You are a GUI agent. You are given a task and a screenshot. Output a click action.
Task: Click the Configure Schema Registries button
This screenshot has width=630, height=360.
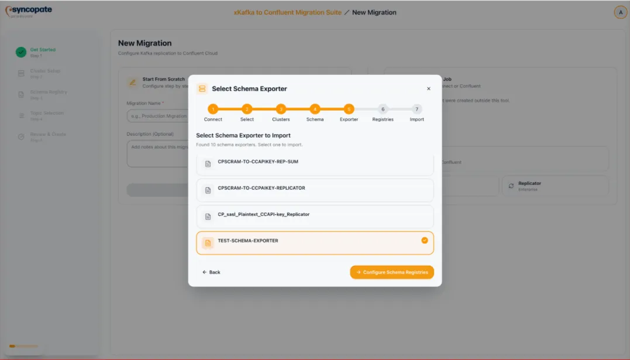tap(392, 272)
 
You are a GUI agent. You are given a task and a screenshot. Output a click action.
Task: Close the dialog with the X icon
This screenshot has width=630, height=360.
tap(428, 89)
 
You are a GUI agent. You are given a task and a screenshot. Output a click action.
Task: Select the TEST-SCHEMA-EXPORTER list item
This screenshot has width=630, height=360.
tap(315, 242)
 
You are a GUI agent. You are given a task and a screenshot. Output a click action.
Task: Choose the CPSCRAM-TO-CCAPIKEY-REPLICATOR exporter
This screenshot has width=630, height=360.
tap(315, 190)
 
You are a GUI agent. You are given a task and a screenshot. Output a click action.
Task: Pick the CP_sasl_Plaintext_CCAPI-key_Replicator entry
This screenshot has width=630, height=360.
tap(315, 216)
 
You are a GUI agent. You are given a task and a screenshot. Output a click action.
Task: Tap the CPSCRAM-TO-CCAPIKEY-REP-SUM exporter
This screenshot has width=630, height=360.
tap(315, 163)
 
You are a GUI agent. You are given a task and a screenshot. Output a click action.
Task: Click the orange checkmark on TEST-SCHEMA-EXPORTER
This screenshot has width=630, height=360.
tap(425, 240)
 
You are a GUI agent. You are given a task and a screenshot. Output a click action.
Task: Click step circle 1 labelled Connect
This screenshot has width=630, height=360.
tap(213, 109)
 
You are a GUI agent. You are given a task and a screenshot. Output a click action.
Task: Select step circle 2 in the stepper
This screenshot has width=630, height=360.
tap(247, 109)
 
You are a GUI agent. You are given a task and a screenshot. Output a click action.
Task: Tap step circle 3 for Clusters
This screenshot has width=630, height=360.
tap(281, 109)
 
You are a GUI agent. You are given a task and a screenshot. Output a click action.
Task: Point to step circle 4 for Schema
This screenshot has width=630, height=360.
tap(315, 109)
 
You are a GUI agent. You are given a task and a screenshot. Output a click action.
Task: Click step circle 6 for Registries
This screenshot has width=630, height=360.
tap(383, 109)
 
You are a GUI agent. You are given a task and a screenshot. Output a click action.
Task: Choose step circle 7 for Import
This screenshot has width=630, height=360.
tap(416, 109)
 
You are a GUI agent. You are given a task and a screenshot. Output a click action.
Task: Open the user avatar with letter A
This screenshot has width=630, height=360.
tap(620, 12)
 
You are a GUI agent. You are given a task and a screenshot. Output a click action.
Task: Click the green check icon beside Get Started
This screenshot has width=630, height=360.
tap(21, 52)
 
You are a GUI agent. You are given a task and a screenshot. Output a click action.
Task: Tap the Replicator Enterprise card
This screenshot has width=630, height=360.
tap(555, 186)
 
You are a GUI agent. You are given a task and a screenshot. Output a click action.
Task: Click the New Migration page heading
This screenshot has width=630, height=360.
tap(145, 43)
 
